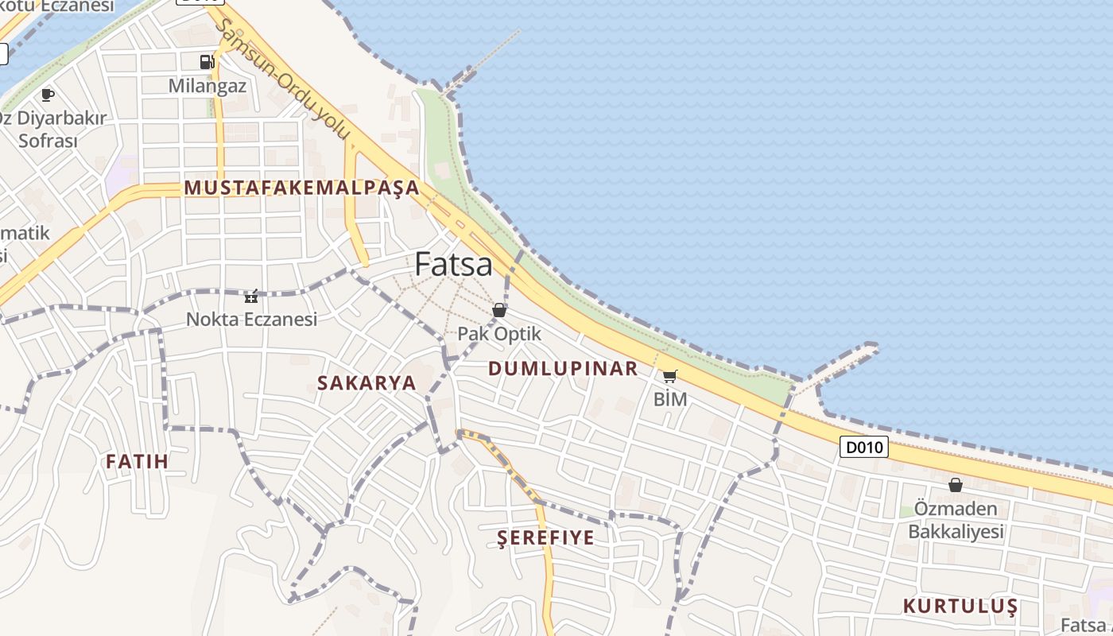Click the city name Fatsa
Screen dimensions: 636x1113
[x=453, y=264]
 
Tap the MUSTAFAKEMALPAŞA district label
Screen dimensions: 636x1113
[x=301, y=188]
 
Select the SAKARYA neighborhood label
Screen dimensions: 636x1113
[x=366, y=382]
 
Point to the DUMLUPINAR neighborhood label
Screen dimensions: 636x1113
[x=563, y=368]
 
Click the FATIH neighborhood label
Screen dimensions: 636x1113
[x=137, y=461]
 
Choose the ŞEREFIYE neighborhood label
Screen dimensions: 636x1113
[x=545, y=537]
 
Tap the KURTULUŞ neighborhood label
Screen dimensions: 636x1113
[x=960, y=606]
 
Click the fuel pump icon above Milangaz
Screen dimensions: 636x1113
[x=207, y=61]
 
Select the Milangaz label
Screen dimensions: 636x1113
[x=207, y=86]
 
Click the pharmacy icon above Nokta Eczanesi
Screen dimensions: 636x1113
[x=251, y=297]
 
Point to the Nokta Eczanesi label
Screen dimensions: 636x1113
[x=251, y=319]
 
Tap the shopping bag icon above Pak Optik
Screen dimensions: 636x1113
[x=499, y=310]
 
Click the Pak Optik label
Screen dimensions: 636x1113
[x=499, y=334]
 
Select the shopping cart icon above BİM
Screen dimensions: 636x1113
[x=669, y=376]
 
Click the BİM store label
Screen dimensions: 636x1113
[x=669, y=399]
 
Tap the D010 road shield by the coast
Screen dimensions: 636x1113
[x=864, y=447]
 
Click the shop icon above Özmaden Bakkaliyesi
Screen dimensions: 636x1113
[x=956, y=485]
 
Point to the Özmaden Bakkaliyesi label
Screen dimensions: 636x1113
[x=956, y=520]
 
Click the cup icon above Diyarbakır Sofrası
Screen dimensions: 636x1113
[x=48, y=95]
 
